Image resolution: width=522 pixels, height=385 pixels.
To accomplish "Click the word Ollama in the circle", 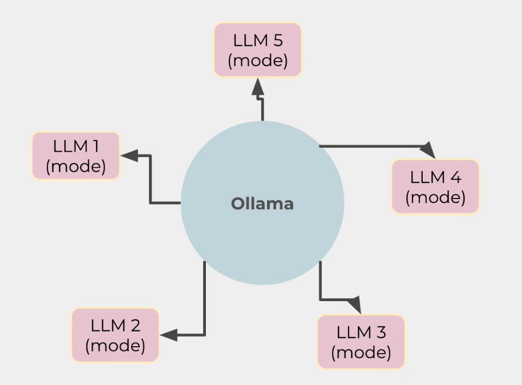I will [x=262, y=204].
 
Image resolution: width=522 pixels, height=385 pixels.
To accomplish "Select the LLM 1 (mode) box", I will [x=76, y=156].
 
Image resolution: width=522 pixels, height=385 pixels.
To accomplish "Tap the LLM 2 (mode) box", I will [x=115, y=335].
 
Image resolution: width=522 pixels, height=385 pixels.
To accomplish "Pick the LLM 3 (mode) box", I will [x=361, y=342].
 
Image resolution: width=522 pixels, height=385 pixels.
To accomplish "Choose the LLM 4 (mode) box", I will [x=435, y=187].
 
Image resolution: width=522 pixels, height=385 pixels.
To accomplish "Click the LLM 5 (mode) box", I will [x=257, y=50].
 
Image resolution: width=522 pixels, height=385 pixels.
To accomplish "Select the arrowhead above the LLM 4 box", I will [x=428, y=150].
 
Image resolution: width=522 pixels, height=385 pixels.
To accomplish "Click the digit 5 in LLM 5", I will [x=278, y=40].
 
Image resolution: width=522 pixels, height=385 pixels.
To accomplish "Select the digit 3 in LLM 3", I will [x=381, y=332].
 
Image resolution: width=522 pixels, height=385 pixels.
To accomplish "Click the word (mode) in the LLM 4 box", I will [x=435, y=197].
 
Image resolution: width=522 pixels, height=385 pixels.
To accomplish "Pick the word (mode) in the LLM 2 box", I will [x=115, y=346].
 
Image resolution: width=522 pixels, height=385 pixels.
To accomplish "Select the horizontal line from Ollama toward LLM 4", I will [x=371, y=147].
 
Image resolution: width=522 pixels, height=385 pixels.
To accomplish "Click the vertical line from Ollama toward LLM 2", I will [x=204, y=297].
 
